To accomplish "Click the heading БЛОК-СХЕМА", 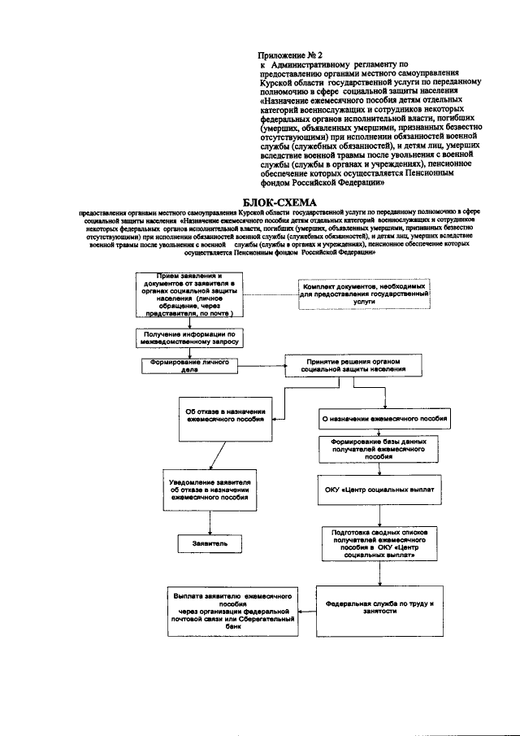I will pyautogui.click(x=279, y=202).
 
